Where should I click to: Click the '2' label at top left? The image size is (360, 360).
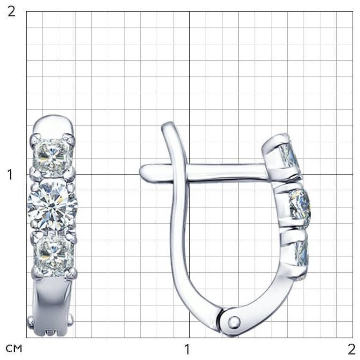click(11, 12)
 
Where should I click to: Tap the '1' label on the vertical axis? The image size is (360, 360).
click(10, 175)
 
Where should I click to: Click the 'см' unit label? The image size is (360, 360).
click(14, 348)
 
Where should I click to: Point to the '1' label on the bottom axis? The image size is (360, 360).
click(187, 349)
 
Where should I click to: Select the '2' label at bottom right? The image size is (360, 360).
click(352, 349)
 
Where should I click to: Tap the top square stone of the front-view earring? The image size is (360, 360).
click(53, 156)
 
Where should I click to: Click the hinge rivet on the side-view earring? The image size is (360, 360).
click(234, 321)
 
